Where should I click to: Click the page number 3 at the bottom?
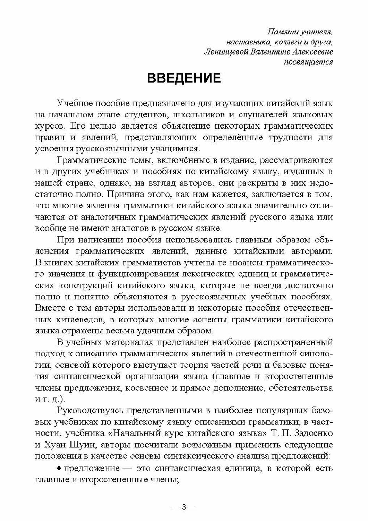[x=184, y=507]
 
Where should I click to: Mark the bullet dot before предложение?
[x=59, y=468]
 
